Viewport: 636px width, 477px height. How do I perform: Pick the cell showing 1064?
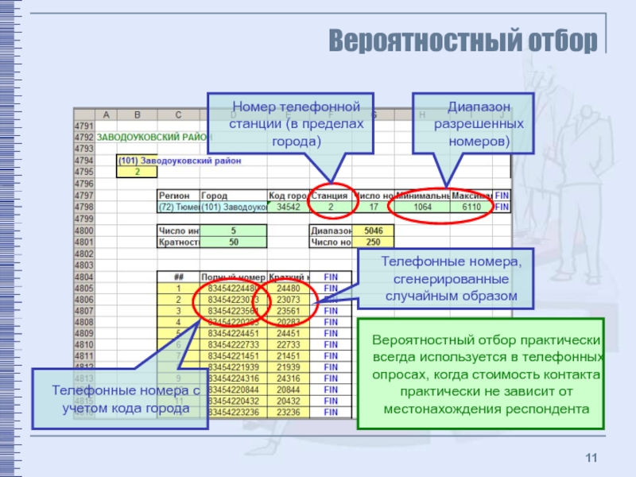pos(421,207)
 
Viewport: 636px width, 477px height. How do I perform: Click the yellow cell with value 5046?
pos(372,231)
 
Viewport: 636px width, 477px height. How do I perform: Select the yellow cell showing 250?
pos(372,242)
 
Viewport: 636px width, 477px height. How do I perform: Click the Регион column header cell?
pos(176,196)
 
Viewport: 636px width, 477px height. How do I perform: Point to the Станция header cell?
pos(329,196)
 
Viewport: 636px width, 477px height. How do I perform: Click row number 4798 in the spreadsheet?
pos(83,207)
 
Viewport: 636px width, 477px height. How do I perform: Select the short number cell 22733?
pos(288,346)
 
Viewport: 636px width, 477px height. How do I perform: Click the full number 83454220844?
pos(232,390)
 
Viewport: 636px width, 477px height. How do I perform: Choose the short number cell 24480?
pos(288,289)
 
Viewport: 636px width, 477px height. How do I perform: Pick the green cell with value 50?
pos(233,242)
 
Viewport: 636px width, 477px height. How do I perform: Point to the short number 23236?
pos(288,413)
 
